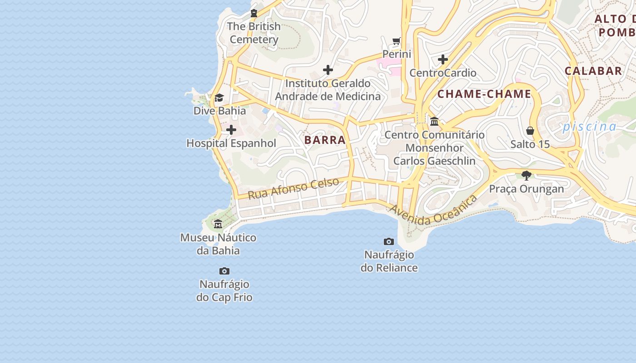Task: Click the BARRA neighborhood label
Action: [325, 140]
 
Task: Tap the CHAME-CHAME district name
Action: [484, 94]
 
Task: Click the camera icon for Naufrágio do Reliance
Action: [389, 241]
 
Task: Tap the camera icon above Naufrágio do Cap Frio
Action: [224, 271]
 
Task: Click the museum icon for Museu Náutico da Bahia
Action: [218, 224]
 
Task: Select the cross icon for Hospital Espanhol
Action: [231, 130]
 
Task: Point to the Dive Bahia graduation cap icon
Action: [219, 98]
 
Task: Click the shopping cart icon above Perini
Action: [397, 41]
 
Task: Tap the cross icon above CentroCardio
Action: [443, 59]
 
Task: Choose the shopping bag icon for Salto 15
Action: [530, 131]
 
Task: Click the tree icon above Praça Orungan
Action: [527, 176]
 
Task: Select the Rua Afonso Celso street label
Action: [293, 188]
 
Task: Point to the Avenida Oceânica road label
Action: [433, 210]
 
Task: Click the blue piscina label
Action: [589, 127]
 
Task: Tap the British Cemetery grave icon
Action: [254, 13]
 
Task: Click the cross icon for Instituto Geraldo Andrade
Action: [328, 70]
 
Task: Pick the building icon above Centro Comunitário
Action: [434, 121]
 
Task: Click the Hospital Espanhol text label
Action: [231, 143]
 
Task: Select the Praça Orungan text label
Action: [527, 189]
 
